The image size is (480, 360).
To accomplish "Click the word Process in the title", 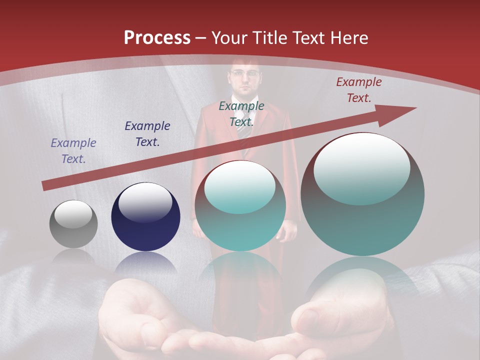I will coord(157,38).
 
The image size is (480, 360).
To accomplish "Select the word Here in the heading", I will coord(350,38).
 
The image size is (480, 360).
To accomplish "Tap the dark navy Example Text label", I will coord(147,134).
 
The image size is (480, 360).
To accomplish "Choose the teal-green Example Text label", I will coord(241,113).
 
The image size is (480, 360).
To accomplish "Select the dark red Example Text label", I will coord(358,90).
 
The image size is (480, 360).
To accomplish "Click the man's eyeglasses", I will coord(244,73).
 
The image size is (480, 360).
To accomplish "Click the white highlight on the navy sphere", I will coord(145,202).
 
